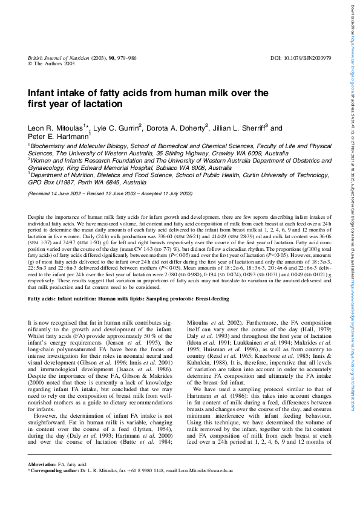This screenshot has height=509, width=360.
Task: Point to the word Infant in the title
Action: click(44, 93)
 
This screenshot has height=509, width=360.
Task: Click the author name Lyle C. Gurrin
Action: click(117, 128)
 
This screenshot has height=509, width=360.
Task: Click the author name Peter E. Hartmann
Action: click(55, 137)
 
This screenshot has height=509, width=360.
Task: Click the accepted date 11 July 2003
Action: click(174, 193)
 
